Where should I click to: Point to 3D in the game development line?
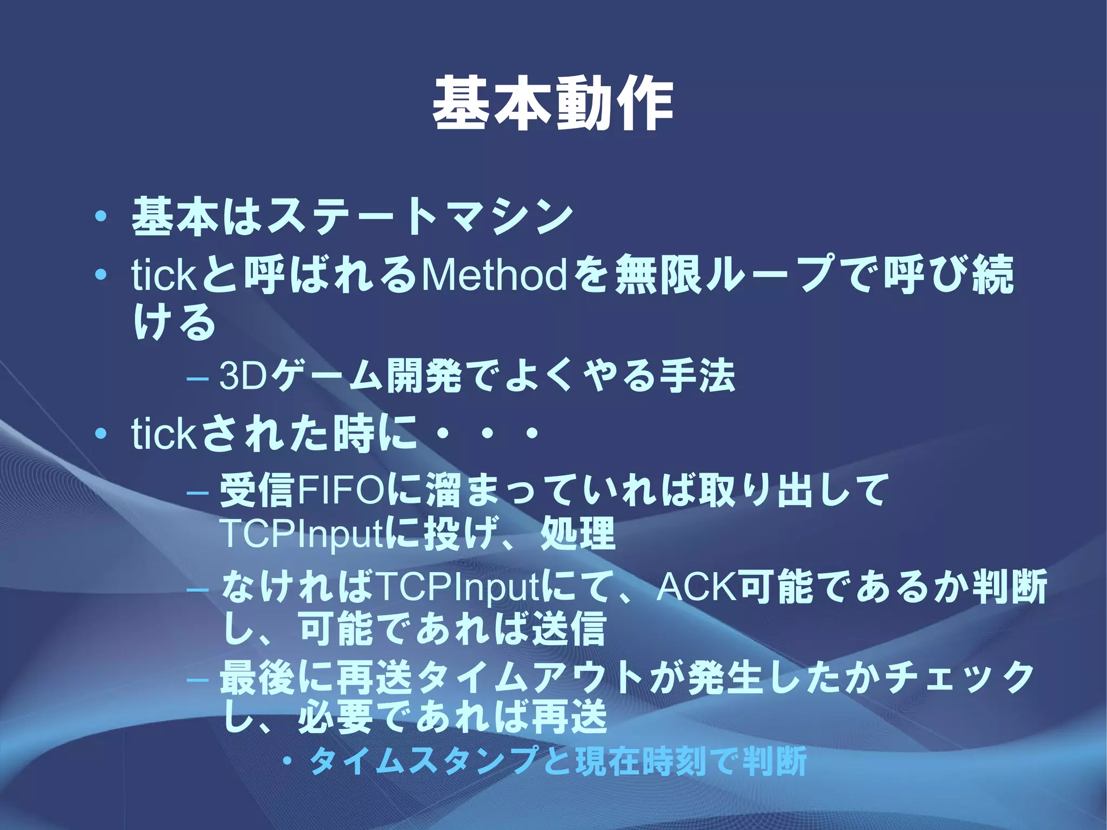click(x=243, y=376)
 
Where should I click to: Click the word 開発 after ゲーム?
click(x=424, y=376)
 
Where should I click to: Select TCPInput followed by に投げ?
click(x=302, y=533)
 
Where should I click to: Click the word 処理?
click(x=577, y=533)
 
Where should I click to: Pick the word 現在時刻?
click(x=641, y=761)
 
